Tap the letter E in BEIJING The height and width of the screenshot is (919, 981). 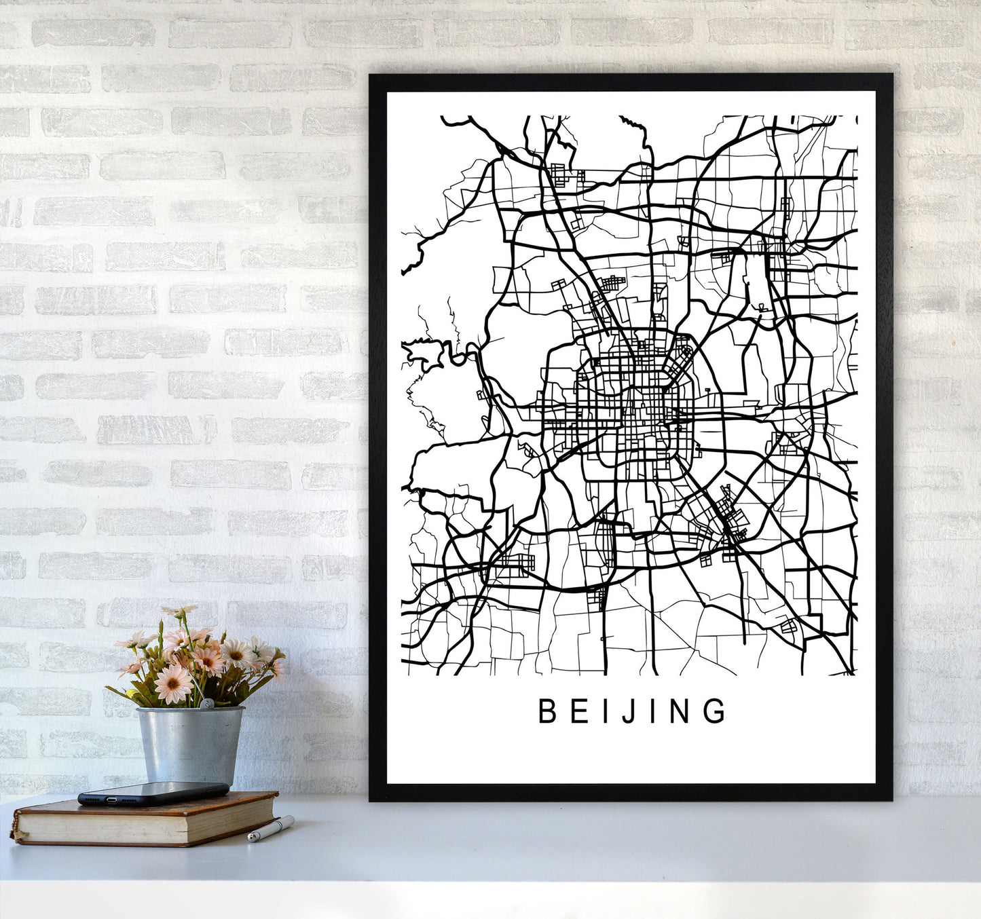pos(578,711)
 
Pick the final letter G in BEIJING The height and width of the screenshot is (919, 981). pos(715,711)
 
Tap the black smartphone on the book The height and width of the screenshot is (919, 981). pos(153,792)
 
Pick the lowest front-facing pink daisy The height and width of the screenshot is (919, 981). pos(173,683)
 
